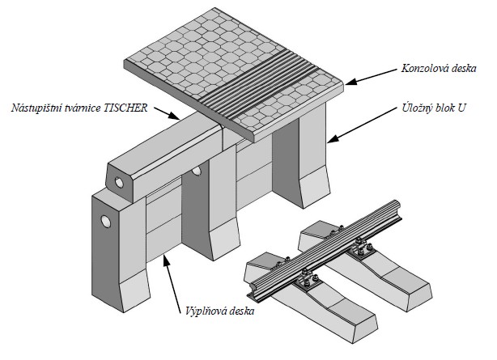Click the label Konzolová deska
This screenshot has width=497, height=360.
pyautogui.click(x=440, y=69)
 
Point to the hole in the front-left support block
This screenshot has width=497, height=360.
pyautogui.click(x=104, y=222)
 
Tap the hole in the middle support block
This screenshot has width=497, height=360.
pyautogui.click(x=197, y=172)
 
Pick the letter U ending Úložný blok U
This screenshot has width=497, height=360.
pyautogui.click(x=465, y=107)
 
